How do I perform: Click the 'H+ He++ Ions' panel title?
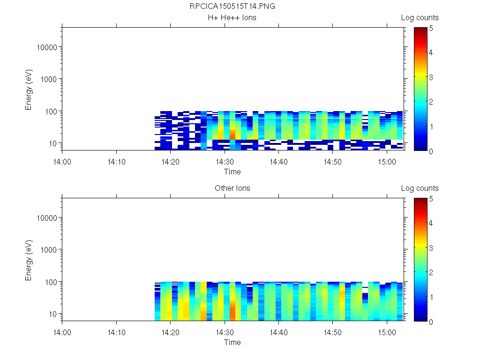click(232, 18)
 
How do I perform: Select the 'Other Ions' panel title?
click(232, 188)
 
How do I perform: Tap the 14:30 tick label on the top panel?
click(225, 162)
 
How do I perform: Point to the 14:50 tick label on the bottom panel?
click(332, 332)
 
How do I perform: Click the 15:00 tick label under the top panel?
click(386, 162)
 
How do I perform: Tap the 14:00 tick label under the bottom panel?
click(62, 332)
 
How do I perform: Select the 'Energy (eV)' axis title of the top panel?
click(29, 89)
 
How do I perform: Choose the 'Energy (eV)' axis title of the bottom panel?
click(29, 260)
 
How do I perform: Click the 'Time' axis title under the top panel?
click(232, 172)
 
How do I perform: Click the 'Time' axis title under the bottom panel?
click(232, 342)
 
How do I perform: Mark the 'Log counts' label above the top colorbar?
click(420, 18)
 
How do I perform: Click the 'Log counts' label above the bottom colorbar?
click(420, 188)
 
